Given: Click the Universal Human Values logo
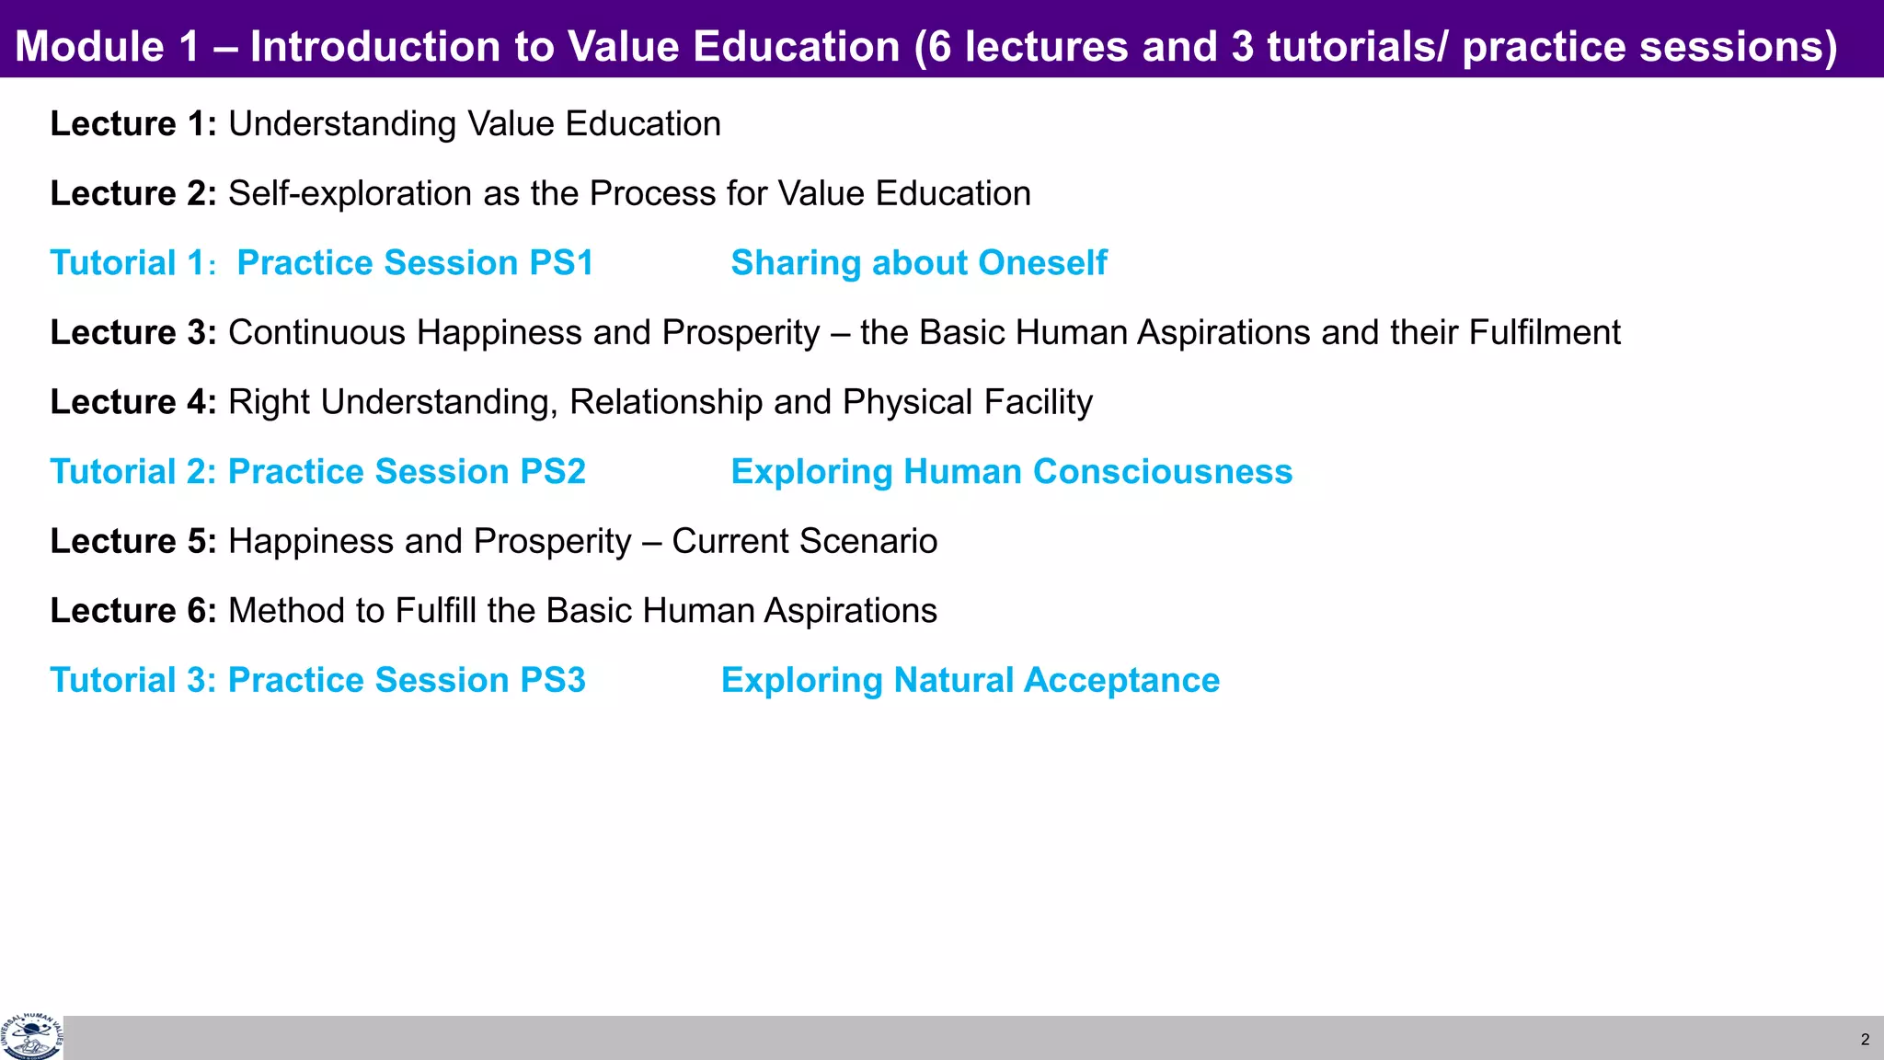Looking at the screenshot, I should coord(32,1037).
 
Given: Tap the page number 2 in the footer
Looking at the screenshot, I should coord(1865,1040).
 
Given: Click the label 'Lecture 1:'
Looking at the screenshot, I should coord(132,124).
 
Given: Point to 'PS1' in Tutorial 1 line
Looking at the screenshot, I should coord(561,263).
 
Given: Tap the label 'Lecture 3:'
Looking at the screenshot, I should coord(132,333).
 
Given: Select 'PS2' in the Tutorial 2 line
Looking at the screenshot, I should coord(552,472).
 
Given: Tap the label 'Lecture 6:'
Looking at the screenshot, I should coord(132,611).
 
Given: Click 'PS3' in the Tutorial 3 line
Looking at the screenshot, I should coord(552,681).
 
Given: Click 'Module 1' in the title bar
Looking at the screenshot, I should coord(107,47).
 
